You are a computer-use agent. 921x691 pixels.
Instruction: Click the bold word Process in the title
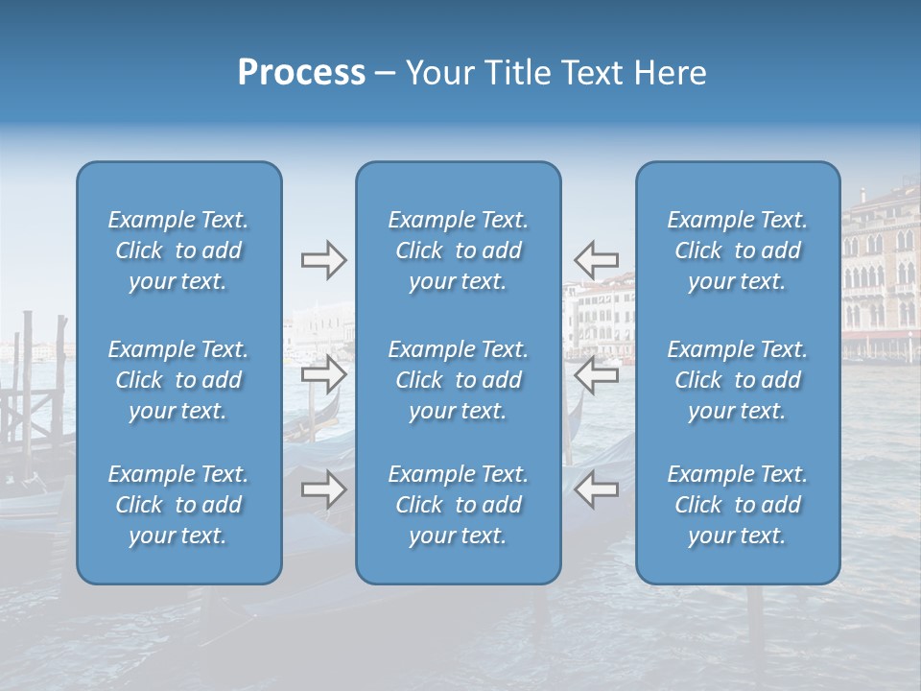click(x=301, y=73)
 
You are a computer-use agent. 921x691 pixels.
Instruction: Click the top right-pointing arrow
click(x=323, y=260)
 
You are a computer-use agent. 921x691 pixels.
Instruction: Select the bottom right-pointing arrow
click(x=323, y=489)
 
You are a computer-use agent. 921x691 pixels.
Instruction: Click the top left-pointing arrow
click(x=597, y=260)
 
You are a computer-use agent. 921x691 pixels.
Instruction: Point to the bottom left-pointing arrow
click(x=597, y=489)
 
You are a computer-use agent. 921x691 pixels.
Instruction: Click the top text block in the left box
click(x=178, y=250)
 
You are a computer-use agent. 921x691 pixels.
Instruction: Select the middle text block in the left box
click(x=178, y=380)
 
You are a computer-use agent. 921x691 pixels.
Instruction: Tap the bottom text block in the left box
click(x=178, y=505)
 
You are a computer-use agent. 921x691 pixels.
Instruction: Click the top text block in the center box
click(x=459, y=250)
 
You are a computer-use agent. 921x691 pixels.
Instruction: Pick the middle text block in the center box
click(x=459, y=380)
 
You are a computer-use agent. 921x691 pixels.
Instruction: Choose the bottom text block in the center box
click(x=459, y=505)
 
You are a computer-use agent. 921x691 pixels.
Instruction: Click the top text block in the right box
click(x=738, y=250)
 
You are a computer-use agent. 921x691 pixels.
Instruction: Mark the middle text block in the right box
click(x=738, y=380)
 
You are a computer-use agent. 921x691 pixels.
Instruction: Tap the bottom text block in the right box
click(x=738, y=505)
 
